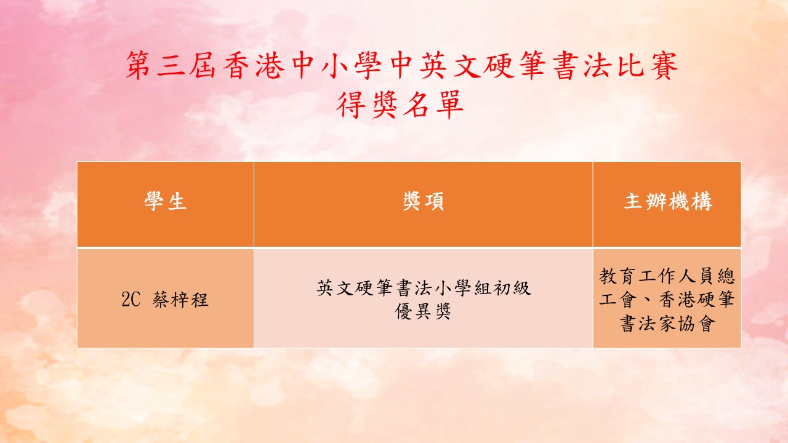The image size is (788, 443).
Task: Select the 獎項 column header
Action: tap(423, 201)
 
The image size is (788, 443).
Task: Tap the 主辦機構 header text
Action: tap(668, 201)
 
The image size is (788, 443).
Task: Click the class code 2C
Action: tap(131, 300)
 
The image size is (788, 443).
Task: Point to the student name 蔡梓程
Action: tap(180, 300)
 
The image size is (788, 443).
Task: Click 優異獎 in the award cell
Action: tap(423, 311)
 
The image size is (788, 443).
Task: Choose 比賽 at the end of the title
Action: tap(648, 65)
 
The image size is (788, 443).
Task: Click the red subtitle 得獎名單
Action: tap(400, 105)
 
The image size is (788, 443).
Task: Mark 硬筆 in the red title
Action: tap(514, 65)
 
